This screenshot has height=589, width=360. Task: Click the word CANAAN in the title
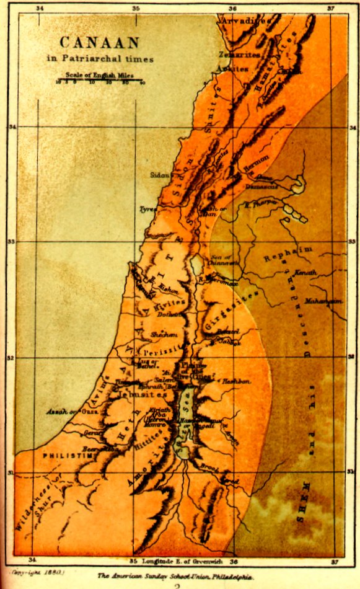(100, 42)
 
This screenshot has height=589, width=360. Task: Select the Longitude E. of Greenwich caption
(180, 561)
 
